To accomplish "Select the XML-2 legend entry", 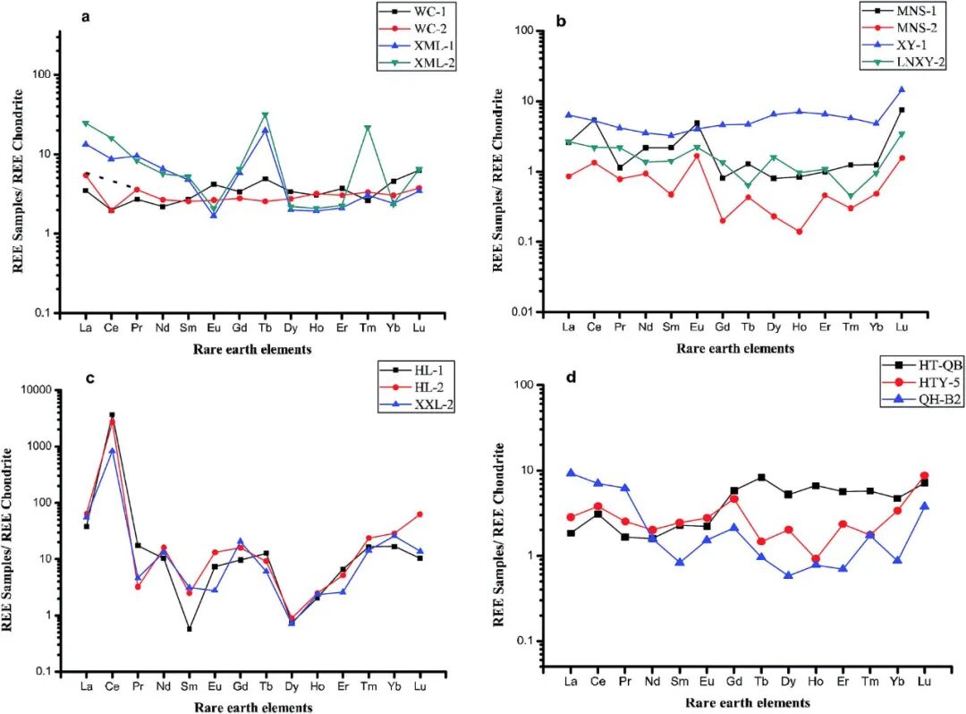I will tap(420, 62).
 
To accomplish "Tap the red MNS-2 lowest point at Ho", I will tap(799, 232).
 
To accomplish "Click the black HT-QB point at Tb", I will tap(760, 477).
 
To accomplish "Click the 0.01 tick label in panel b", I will tap(536, 312).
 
